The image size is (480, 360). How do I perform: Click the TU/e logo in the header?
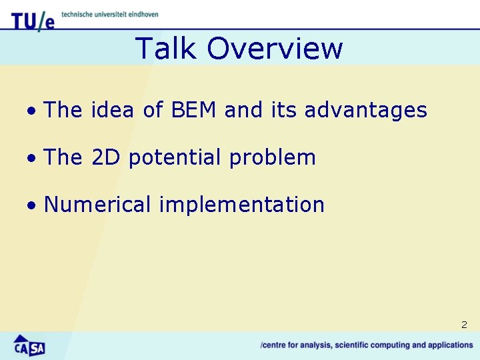tap(33, 21)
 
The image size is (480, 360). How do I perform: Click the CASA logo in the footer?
tap(29, 345)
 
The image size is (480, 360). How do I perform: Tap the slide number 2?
tap(464, 325)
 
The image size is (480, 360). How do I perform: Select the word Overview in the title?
tap(275, 49)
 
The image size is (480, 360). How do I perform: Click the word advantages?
tap(365, 111)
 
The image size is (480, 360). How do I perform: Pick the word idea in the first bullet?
tap(113, 110)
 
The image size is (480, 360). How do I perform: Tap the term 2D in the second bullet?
tap(105, 157)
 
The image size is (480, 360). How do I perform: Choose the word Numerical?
tap(97, 205)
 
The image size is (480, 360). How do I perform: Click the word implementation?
tap(241, 205)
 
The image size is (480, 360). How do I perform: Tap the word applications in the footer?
tap(449, 345)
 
